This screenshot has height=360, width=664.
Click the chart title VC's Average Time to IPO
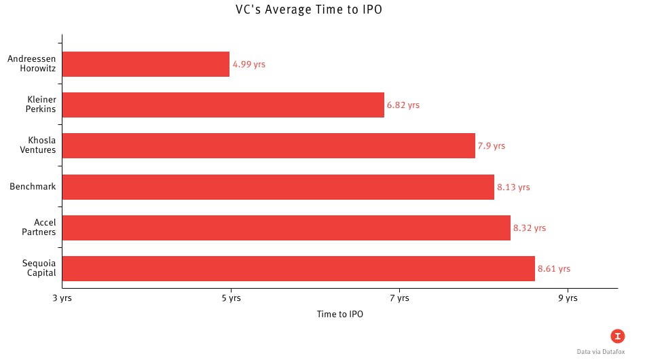click(331, 10)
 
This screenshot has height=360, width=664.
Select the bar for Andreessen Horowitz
click(146, 64)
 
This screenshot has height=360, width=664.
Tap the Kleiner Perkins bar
click(223, 105)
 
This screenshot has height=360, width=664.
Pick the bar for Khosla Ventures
click(269, 146)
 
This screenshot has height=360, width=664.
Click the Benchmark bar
click(278, 187)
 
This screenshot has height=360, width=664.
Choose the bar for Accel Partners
click(287, 228)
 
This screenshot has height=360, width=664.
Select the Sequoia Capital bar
click(299, 268)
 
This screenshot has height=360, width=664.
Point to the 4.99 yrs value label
click(248, 65)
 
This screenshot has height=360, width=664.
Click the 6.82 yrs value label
click(403, 105)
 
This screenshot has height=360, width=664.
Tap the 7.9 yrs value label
click(492, 146)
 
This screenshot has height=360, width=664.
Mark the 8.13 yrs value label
click(513, 187)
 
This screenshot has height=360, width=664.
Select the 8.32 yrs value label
click(530, 228)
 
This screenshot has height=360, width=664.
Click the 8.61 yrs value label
click(554, 269)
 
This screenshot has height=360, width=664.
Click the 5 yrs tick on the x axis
click(231, 298)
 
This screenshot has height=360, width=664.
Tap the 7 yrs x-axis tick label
click(399, 298)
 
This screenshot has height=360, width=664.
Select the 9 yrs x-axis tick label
click(568, 298)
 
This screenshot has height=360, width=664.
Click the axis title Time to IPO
click(339, 314)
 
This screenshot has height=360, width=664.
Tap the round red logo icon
click(617, 336)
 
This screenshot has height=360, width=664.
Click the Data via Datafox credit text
click(600, 352)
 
